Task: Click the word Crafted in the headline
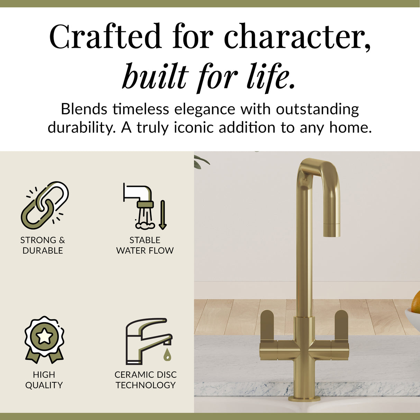pyautogui.click(x=105, y=37)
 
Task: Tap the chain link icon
pyautogui.click(x=45, y=205)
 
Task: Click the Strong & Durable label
pyautogui.click(x=43, y=245)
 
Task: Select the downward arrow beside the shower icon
pyautogui.click(x=163, y=215)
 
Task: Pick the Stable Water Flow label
pyautogui.click(x=145, y=245)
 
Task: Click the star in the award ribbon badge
pyautogui.click(x=44, y=336)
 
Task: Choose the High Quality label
pyautogui.click(x=44, y=380)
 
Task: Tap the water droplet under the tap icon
pyautogui.click(x=167, y=354)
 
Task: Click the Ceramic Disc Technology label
pyautogui.click(x=146, y=380)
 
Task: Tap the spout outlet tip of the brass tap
pyautogui.click(x=331, y=231)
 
